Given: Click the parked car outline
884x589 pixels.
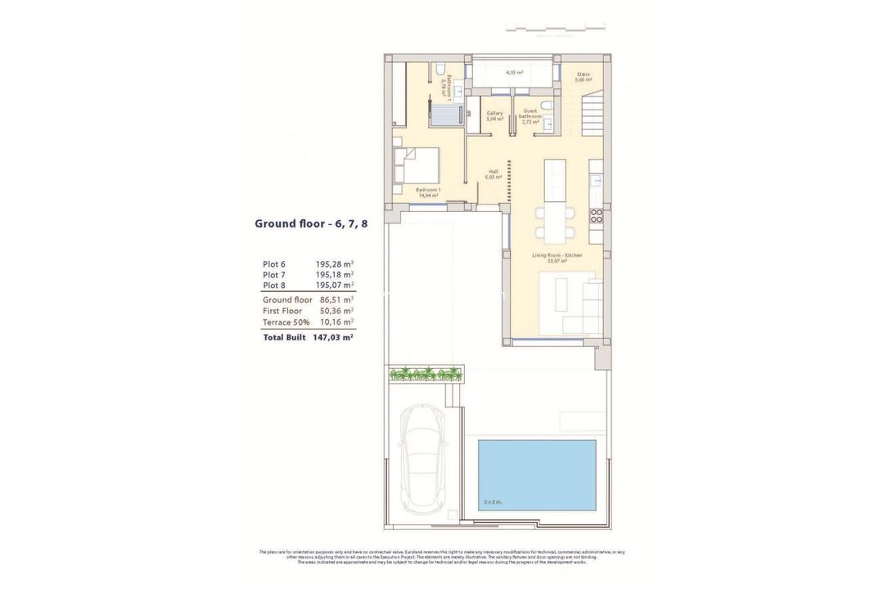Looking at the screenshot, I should [422, 459].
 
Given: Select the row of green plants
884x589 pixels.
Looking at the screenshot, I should [425, 375].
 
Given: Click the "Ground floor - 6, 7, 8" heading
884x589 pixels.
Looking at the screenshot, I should [311, 223].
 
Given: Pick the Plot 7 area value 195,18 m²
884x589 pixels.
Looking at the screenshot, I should [335, 275].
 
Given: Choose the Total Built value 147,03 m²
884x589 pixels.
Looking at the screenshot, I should [332, 337].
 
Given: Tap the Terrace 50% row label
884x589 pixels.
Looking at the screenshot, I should [286, 322].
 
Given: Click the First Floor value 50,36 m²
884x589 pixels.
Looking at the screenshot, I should [336, 311].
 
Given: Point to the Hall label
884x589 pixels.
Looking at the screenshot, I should [493, 173].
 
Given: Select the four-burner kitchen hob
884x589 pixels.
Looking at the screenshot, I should [597, 216].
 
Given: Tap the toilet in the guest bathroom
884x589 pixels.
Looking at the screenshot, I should [547, 106].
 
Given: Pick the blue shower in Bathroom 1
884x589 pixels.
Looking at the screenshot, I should [448, 115].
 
